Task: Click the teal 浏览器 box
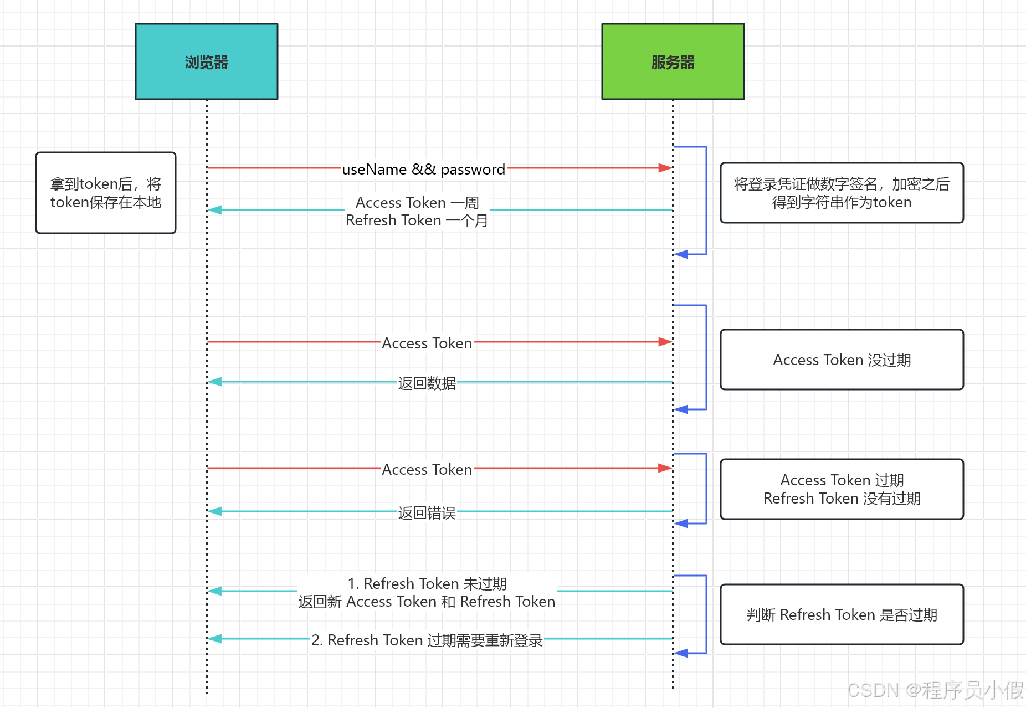pyautogui.click(x=206, y=61)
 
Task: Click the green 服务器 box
pyautogui.click(x=673, y=61)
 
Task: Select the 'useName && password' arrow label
pyautogui.click(x=423, y=169)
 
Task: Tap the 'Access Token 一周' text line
pyautogui.click(x=417, y=203)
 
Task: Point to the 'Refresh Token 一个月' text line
pyautogui.click(x=417, y=220)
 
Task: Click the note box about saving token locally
pyautogui.click(x=106, y=193)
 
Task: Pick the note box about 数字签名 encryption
pyautogui.click(x=842, y=193)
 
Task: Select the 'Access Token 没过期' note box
pyautogui.click(x=842, y=360)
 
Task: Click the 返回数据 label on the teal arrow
pyautogui.click(x=427, y=383)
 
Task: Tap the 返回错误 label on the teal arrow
pyautogui.click(x=427, y=512)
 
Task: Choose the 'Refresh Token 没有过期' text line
pyautogui.click(x=842, y=499)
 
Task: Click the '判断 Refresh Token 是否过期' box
pyautogui.click(x=842, y=614)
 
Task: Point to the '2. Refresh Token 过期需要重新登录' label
pyautogui.click(x=427, y=640)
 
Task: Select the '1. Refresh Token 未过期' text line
pyautogui.click(x=427, y=583)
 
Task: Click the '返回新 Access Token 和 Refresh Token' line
pyautogui.click(x=427, y=602)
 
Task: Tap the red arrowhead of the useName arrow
pyautogui.click(x=665, y=168)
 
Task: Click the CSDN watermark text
pyautogui.click(x=935, y=690)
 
